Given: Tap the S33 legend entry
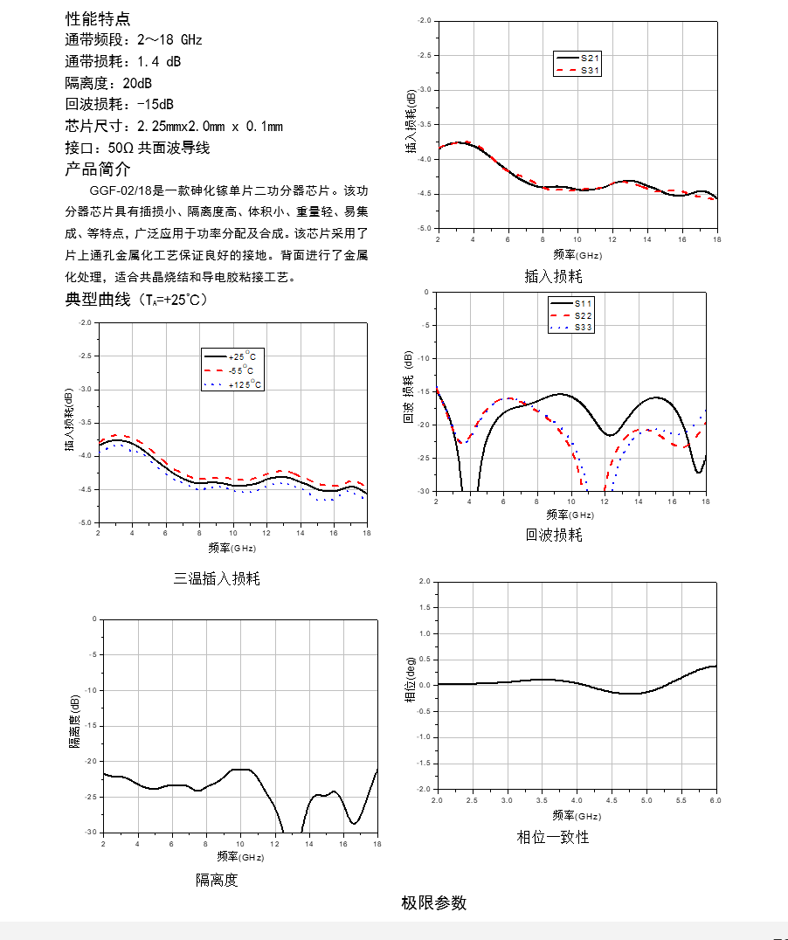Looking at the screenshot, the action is (x=571, y=328).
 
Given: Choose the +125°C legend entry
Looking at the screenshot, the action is (x=232, y=384).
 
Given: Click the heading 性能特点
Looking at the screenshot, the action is (x=98, y=18).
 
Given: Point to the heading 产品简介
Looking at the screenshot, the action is (x=98, y=169).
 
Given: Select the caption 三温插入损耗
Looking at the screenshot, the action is (x=217, y=578).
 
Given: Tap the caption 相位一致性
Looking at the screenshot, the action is (x=553, y=837).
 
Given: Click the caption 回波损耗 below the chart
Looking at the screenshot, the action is (x=554, y=535).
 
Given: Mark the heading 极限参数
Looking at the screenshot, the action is (x=434, y=902).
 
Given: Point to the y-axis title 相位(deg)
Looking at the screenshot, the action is (x=411, y=679).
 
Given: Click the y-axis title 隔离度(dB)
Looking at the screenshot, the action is (x=74, y=722).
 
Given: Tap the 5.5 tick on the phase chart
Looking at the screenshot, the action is (x=681, y=800).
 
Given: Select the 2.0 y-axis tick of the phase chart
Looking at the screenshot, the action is (x=425, y=582).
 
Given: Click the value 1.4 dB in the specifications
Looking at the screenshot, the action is (x=159, y=61).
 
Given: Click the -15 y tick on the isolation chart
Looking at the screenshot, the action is (x=91, y=726).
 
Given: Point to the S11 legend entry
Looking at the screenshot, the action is (x=571, y=304).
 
